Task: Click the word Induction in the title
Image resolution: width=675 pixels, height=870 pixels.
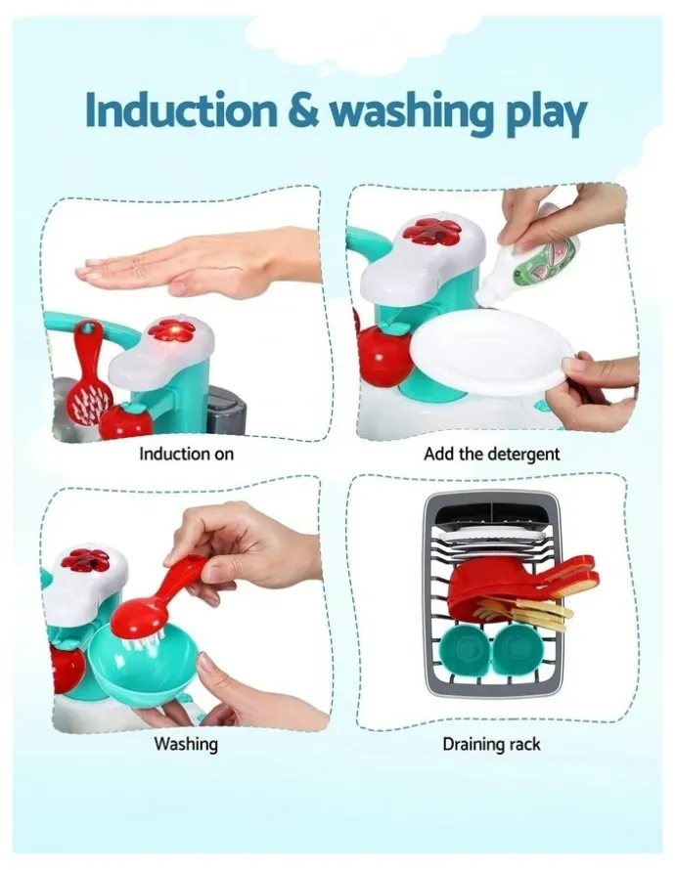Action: click(x=180, y=110)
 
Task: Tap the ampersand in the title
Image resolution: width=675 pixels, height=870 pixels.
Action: click(x=303, y=111)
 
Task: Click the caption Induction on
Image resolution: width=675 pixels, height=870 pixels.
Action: click(x=186, y=454)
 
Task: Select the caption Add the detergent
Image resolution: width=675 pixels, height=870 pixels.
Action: click(x=491, y=455)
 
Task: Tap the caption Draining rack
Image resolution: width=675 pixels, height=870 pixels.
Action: click(x=491, y=744)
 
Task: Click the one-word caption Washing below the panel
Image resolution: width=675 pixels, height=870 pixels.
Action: click(x=186, y=744)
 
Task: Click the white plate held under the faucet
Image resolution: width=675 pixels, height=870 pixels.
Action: click(x=493, y=356)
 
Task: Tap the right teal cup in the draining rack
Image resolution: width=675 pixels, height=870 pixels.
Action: click(x=517, y=650)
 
